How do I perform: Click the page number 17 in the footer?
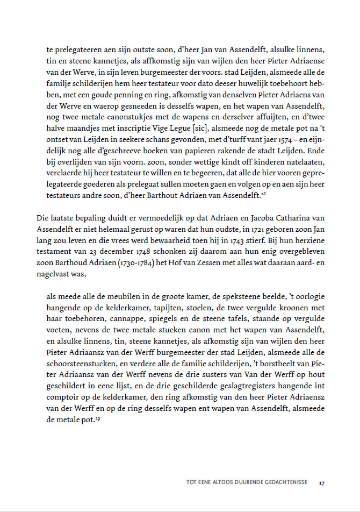tap(321, 482)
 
